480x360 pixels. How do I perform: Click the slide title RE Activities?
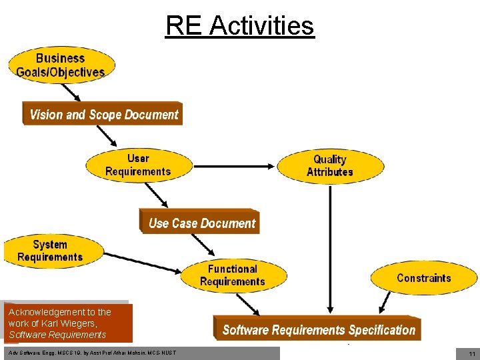coord(239,26)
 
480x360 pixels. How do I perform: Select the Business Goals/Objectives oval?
coord(61,65)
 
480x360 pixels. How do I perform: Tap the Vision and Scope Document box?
coord(103,114)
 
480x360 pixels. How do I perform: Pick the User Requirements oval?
coord(138,165)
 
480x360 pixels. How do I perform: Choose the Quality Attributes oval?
coord(330,165)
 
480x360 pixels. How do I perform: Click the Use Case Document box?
coord(201,223)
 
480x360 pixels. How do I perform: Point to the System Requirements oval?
coord(51,251)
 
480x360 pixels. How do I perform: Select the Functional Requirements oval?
coord(233,275)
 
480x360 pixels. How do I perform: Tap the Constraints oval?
coord(423,278)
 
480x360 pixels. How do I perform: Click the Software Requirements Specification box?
coord(319,329)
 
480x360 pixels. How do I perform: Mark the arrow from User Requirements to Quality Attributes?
coord(233,165)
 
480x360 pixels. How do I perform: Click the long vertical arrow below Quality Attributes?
coord(330,247)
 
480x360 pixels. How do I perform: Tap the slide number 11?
coord(471,354)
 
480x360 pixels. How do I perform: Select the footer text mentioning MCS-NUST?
coord(93,352)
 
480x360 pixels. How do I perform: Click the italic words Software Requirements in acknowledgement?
coord(57,335)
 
